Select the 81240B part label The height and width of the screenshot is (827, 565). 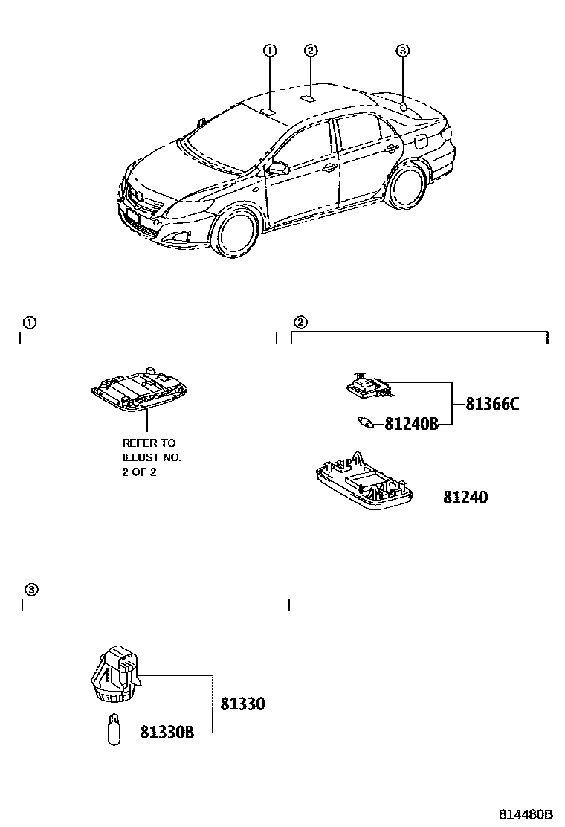click(411, 424)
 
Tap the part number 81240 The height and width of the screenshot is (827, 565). click(465, 498)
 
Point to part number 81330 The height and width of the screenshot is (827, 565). click(242, 704)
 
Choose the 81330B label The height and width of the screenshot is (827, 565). click(167, 733)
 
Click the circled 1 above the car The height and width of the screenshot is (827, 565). click(269, 51)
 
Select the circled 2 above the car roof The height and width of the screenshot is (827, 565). click(311, 51)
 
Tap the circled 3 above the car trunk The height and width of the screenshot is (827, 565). click(402, 51)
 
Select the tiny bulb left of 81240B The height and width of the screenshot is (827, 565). click(366, 422)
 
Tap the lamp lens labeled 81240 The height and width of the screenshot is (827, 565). click(364, 483)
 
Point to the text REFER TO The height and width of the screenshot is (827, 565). click(149, 443)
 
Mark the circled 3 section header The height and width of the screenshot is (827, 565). click(30, 589)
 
